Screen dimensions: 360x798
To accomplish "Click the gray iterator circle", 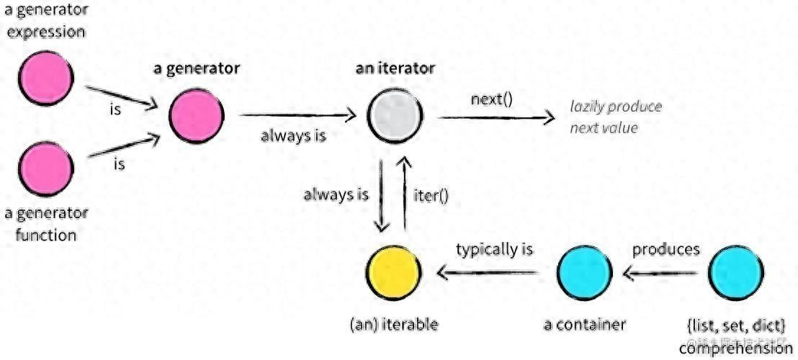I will (394, 114).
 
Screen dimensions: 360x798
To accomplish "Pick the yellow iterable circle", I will (394, 274).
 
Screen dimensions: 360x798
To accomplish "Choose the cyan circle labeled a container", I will (585, 274).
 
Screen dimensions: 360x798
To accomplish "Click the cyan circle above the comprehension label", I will (735, 274).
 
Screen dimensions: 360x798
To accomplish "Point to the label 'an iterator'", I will (395, 68).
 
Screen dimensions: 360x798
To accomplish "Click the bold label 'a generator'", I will (197, 68).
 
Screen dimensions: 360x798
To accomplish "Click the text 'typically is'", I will (494, 250).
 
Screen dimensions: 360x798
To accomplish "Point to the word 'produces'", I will (665, 250).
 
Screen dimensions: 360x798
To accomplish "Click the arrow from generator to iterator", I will (297, 114).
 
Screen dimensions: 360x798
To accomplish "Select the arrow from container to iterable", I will (490, 272).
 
